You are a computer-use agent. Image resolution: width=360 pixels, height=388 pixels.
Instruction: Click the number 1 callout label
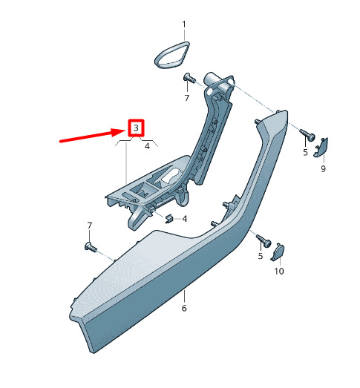[x=184, y=24]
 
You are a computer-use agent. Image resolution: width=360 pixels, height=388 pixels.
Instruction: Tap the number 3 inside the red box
[x=136, y=128]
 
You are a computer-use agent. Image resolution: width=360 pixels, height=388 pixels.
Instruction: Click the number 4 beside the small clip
[x=185, y=219]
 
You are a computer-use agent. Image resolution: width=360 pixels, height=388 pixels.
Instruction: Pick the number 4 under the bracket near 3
[x=147, y=146]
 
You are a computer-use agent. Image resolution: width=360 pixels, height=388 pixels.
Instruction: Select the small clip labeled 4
[x=169, y=218]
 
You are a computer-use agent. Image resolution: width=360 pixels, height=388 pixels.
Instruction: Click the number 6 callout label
[x=184, y=308]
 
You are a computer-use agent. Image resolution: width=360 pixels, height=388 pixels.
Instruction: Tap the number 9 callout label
[x=323, y=168]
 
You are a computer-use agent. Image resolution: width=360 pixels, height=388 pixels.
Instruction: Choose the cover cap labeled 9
[x=321, y=147]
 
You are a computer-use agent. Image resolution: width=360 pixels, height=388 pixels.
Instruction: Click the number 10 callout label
[x=279, y=272]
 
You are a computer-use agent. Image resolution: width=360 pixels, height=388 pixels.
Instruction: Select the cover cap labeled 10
[x=278, y=252]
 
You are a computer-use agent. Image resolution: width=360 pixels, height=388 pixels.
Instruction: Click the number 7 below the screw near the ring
[x=187, y=98]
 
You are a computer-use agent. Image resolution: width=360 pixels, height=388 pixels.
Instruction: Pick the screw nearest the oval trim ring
[x=189, y=78]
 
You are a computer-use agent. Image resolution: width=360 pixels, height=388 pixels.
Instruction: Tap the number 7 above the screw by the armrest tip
[x=89, y=226]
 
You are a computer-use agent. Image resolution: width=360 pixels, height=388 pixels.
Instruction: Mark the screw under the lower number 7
[x=91, y=247]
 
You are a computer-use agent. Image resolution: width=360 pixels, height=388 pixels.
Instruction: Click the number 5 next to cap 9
[x=305, y=152]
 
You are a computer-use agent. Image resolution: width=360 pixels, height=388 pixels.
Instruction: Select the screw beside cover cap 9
[x=307, y=135]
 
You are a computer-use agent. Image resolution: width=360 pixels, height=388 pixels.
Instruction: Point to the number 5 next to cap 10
[x=261, y=256]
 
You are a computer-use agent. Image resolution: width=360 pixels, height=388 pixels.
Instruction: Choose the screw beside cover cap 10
[x=264, y=241]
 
